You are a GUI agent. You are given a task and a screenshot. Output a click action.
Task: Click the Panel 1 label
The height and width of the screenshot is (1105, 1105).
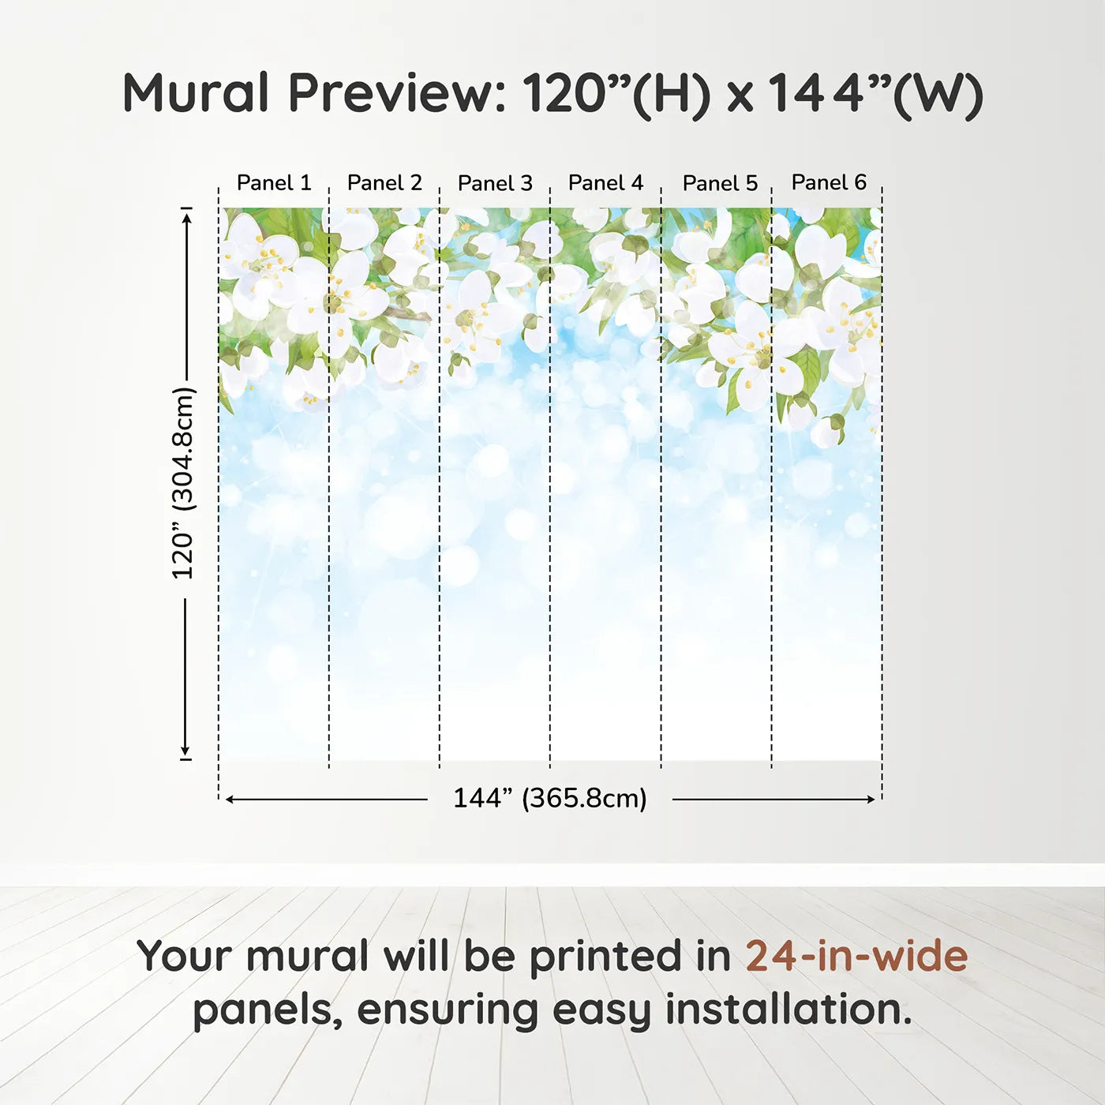274,183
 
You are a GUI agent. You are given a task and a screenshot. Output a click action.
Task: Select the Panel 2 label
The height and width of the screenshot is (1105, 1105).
384,183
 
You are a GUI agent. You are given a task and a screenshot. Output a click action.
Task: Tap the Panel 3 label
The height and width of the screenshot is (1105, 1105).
496,183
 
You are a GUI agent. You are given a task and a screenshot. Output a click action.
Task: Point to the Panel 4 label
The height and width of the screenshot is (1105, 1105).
605,183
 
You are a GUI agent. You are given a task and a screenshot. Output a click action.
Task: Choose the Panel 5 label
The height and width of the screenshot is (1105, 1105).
721,183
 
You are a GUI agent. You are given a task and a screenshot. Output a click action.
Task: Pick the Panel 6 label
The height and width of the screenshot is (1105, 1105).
830,182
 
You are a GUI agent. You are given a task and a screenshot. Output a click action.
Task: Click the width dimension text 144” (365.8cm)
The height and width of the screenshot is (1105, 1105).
550,798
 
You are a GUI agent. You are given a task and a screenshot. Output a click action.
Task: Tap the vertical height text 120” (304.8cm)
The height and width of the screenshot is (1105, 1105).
184,483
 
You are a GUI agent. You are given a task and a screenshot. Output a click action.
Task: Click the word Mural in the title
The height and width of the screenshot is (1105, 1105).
196,92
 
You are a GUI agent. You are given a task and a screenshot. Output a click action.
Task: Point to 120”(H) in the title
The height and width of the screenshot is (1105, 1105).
616,95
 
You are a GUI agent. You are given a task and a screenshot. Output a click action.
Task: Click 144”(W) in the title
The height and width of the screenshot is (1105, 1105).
875,95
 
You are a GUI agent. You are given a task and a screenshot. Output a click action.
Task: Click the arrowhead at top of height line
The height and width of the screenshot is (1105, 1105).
185,216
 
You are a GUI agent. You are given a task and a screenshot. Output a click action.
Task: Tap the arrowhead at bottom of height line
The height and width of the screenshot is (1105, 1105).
185,751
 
